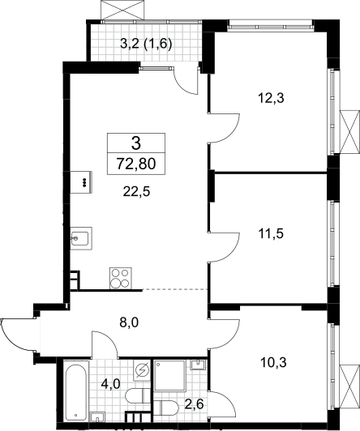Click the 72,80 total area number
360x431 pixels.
pos(136,164)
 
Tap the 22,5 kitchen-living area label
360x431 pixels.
pos(136,191)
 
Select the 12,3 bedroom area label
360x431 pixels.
pos(271,98)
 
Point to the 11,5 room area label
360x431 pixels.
pos(271,234)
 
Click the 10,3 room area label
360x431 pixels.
pos(273,363)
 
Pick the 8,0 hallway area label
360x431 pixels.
pos(129,322)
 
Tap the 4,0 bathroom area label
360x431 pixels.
pos(110,383)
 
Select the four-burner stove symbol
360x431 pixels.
pos(121,278)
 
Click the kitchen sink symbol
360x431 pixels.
pos(81,238)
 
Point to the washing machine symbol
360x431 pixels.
pos(142,370)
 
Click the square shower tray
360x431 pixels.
pos(170,375)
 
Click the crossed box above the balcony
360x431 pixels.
pos(122,10)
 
